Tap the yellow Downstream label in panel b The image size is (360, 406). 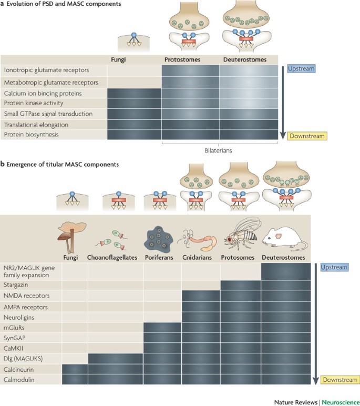pos(343,379)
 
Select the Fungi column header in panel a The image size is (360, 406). pos(120,59)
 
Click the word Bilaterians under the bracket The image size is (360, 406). pos(218,150)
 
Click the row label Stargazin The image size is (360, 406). pos(17,284)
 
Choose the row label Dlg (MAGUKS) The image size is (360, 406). pos(24,359)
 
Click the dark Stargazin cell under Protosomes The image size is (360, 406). pos(240,284)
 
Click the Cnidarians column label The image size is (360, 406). pos(201,257)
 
